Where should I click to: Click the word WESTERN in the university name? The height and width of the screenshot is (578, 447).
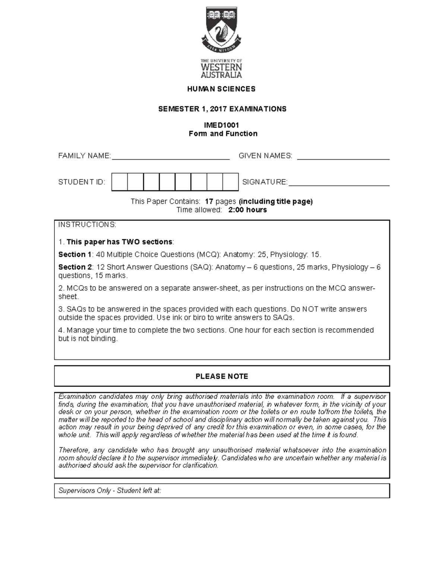click(x=221, y=67)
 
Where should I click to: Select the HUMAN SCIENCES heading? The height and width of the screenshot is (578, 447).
click(x=221, y=89)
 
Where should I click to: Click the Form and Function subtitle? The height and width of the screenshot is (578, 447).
click(x=223, y=134)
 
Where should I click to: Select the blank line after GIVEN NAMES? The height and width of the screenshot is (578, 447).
click(x=343, y=158)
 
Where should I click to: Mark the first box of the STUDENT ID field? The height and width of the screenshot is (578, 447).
click(x=120, y=182)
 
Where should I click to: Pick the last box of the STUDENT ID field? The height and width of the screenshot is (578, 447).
click(x=231, y=182)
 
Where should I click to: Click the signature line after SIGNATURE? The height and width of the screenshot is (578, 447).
click(x=339, y=184)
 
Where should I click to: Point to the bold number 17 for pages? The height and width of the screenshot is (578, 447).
click(x=209, y=201)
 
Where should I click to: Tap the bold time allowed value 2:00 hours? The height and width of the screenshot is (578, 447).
click(x=247, y=210)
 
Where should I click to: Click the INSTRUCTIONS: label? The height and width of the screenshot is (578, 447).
click(x=87, y=224)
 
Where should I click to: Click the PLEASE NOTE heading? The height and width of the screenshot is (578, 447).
click(x=222, y=376)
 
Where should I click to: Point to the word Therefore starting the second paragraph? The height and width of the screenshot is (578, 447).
click(x=73, y=450)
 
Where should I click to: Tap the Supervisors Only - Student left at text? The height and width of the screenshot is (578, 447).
click(x=110, y=491)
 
